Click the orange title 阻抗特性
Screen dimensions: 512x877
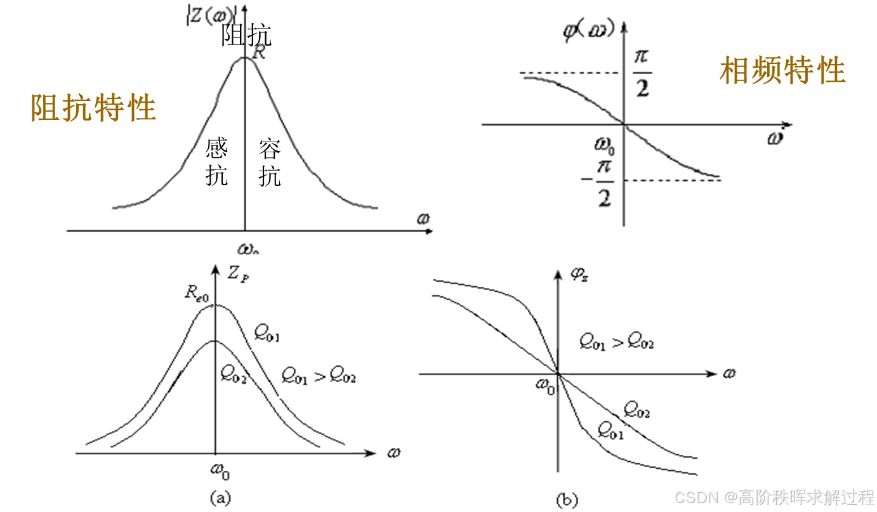tap(93, 107)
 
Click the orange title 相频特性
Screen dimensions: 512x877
tap(782, 70)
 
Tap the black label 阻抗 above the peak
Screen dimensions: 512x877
tap(246, 35)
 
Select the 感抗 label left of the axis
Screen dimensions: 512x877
tap(216, 163)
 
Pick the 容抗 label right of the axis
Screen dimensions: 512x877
tap(270, 163)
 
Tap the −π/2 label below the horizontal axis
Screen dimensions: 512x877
tap(600, 184)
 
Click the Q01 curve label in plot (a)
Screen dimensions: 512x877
tap(267, 332)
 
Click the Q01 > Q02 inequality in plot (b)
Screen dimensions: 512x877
tap(616, 343)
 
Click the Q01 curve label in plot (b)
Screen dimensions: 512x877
tap(610, 431)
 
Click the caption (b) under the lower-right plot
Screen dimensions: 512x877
tap(567, 500)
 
